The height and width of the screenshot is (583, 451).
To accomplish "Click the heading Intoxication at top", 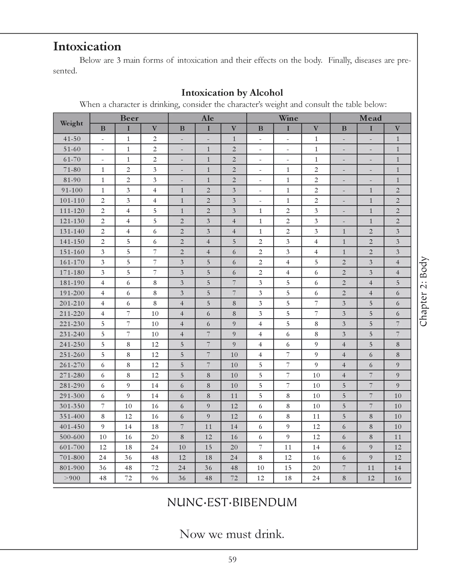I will tap(87, 46).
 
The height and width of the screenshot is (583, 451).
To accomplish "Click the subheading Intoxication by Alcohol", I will tap(232, 93).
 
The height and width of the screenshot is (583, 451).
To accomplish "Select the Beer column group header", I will tap(129, 118).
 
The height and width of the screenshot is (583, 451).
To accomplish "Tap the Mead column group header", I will tap(370, 118).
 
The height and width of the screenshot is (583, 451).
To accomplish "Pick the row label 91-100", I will tap(72, 190).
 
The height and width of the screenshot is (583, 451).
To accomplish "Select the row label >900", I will tap(72, 478).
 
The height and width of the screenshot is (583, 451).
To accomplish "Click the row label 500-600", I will tap(72, 437).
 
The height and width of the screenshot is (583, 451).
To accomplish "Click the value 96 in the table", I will tap(155, 478).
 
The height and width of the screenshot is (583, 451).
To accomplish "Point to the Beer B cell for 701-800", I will tap(103, 457).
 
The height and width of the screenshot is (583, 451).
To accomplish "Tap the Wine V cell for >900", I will tap(316, 478).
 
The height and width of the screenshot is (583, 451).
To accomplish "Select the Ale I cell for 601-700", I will tap(208, 447).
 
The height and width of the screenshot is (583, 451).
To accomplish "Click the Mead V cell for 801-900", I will tap(397, 468).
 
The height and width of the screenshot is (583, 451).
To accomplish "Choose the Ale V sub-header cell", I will tap(234, 128).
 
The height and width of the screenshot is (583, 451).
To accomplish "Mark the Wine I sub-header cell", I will tap(288, 128).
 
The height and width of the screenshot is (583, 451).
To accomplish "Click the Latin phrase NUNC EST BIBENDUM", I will tap(232, 502).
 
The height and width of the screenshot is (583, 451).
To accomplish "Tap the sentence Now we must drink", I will tap(232, 534).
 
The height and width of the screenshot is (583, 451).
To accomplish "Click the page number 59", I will tap(232, 559).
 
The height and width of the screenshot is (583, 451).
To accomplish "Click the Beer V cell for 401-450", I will tap(155, 427).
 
